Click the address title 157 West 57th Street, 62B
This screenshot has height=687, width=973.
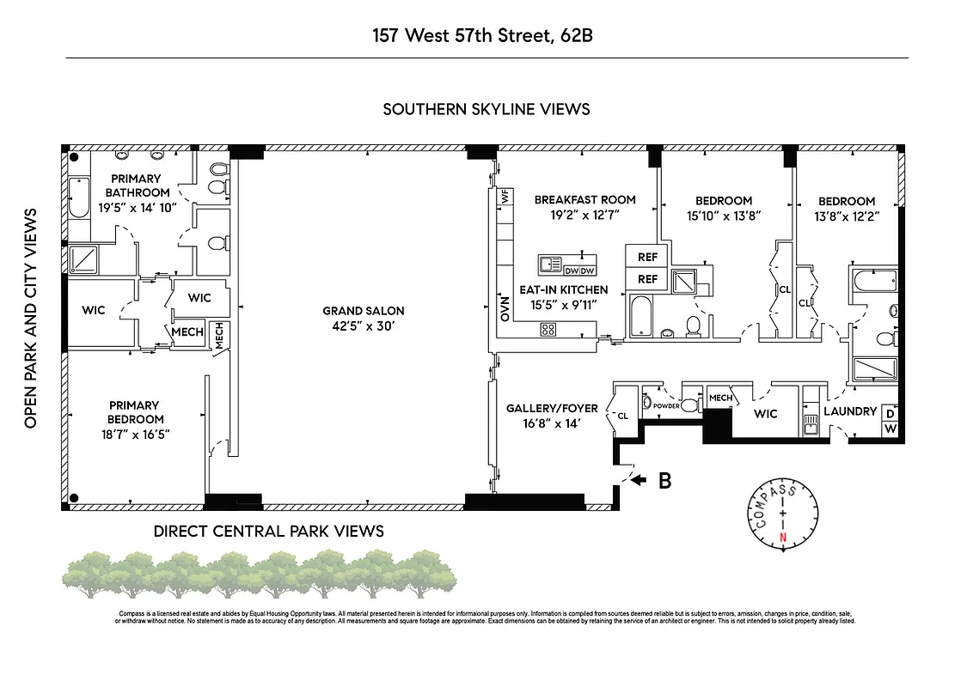[x=486, y=36]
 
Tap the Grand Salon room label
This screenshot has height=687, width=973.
[x=363, y=311]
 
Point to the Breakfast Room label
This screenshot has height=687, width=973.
[x=584, y=200]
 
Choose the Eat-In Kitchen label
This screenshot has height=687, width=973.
[x=563, y=290]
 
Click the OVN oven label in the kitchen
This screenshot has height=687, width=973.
[x=505, y=307]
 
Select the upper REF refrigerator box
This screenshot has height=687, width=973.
[x=646, y=257]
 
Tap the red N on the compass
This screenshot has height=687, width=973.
[x=782, y=538]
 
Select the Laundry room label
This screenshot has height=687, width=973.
[x=849, y=411]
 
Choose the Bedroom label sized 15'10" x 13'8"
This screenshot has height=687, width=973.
[x=724, y=201]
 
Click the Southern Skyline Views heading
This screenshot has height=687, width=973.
[x=486, y=109]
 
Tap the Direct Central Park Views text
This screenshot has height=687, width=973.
[x=268, y=531]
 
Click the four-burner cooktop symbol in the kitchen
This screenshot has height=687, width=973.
[x=548, y=329]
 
